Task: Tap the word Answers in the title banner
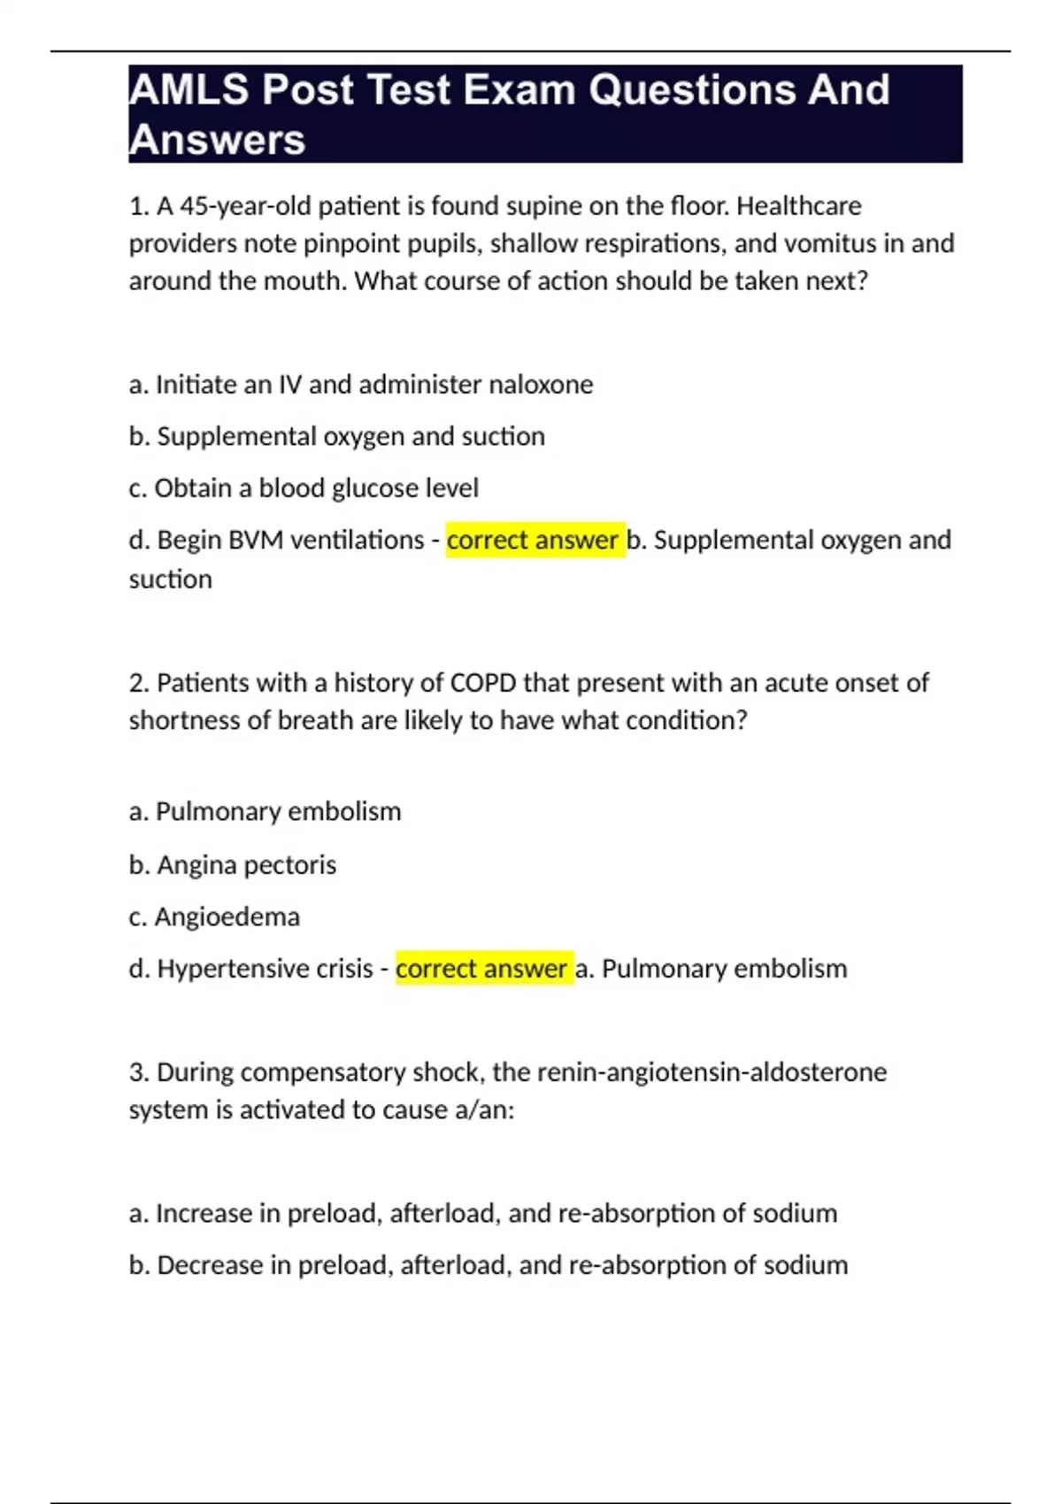pyautogui.click(x=217, y=140)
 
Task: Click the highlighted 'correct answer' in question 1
pyautogui.click(x=533, y=540)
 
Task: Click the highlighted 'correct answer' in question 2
pyautogui.click(x=481, y=969)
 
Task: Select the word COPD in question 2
pyautogui.click(x=484, y=683)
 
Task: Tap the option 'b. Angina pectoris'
pyautogui.click(x=233, y=864)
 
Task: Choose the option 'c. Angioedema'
pyautogui.click(x=214, y=917)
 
